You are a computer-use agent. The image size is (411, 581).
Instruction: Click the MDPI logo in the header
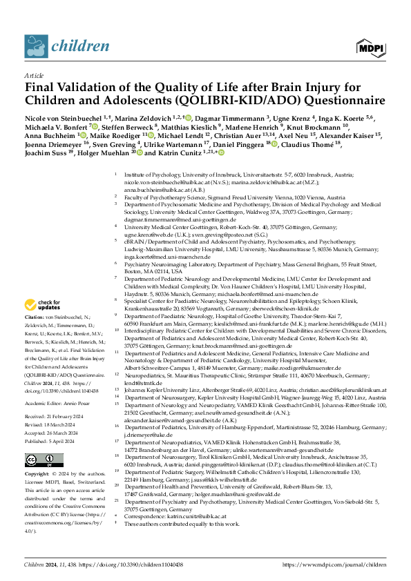coord(370,46)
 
